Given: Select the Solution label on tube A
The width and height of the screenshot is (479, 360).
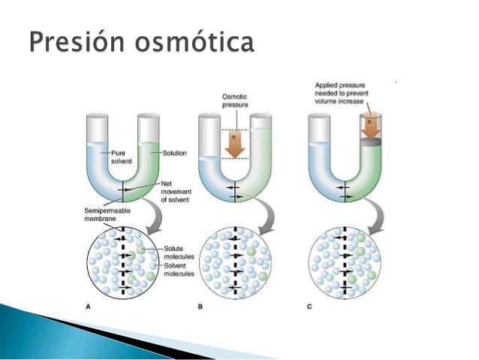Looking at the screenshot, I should pos(174,153).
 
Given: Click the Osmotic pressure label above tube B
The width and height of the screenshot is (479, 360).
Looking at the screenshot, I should pos(235,99).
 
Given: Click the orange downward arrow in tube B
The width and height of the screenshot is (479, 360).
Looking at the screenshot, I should pos(235,143).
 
